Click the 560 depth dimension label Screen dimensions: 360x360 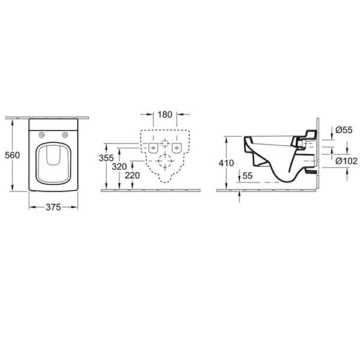[x=13, y=155]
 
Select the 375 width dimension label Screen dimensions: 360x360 [x=53, y=208]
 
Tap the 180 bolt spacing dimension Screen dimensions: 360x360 [x=165, y=115]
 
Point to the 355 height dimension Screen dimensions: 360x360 [x=106, y=158]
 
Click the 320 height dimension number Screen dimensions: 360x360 [x=119, y=167]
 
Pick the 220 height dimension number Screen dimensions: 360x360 [x=133, y=175]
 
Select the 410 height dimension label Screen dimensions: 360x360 [x=226, y=163]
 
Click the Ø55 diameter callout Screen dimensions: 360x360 [x=344, y=130]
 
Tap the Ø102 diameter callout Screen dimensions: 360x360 [x=346, y=161]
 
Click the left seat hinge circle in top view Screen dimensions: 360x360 [x=41, y=135]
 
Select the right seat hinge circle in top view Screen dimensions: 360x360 [x=65, y=135]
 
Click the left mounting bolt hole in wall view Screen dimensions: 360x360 [x=154, y=148]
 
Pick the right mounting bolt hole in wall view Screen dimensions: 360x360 [x=177, y=148]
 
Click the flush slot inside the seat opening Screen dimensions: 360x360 [x=53, y=155]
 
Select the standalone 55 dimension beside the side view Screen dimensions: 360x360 [x=247, y=176]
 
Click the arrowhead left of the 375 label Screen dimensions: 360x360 [x=32, y=208]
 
